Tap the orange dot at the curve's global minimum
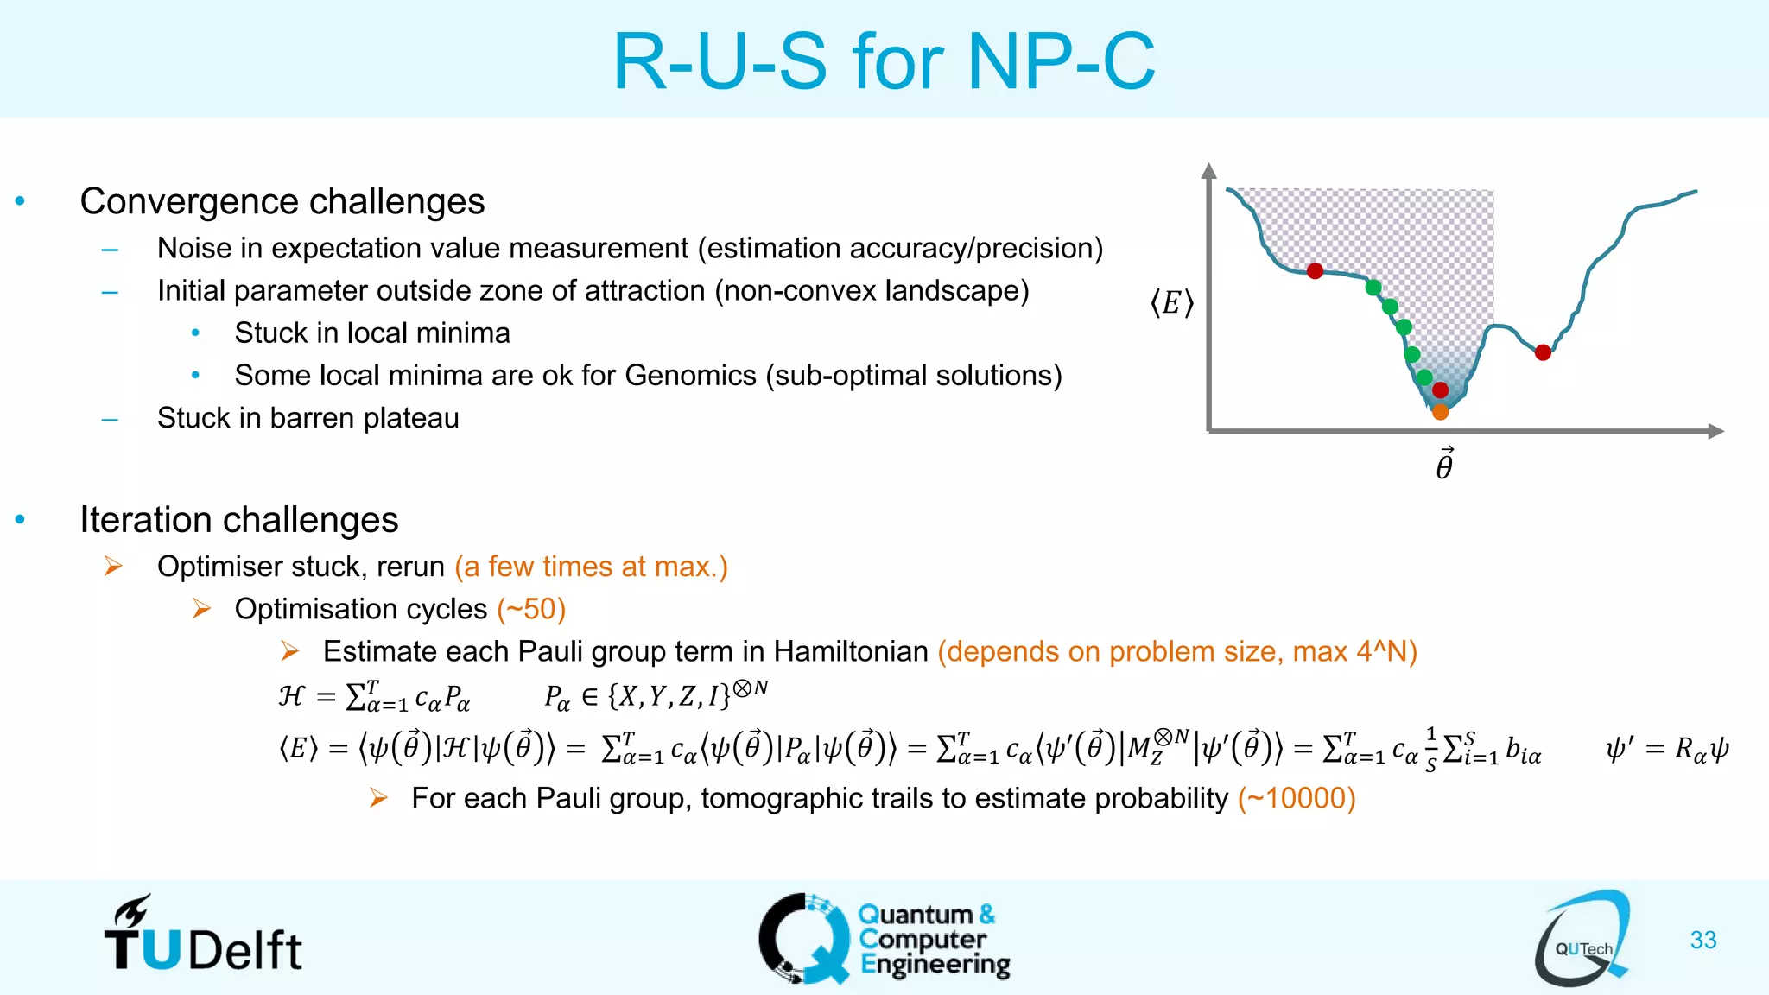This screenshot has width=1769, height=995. [x=1440, y=413]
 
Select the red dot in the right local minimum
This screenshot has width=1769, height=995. [x=1543, y=352]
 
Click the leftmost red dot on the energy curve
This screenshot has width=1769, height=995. [x=1315, y=271]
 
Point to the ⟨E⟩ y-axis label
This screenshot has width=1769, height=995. [x=1171, y=303]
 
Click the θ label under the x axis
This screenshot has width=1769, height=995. [x=1444, y=465]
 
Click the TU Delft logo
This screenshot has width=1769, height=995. [x=204, y=936]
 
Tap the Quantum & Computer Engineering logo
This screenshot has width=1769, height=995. [x=884, y=939]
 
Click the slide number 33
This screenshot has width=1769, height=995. [x=1702, y=940]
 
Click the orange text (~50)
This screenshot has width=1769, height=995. [x=531, y=609]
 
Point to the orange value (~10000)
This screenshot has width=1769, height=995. [x=1296, y=798]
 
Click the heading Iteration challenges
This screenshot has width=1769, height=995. [x=239, y=520]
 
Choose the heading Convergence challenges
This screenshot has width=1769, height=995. [x=282, y=201]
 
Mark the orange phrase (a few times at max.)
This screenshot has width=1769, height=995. [x=591, y=567]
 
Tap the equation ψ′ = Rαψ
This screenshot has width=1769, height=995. [x=1666, y=748]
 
